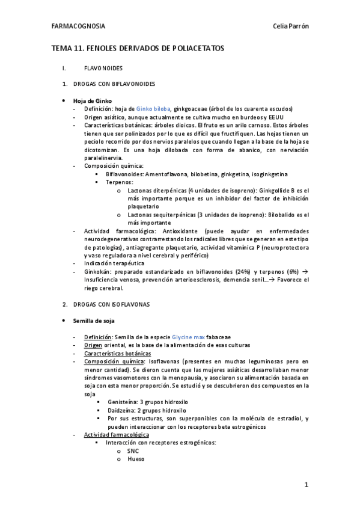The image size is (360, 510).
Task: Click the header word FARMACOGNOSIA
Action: (78, 26)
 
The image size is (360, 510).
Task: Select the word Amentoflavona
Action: (163, 174)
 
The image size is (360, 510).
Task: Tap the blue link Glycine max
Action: (188, 337)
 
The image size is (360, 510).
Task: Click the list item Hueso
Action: (136, 458)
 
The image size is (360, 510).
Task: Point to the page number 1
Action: (306, 484)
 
